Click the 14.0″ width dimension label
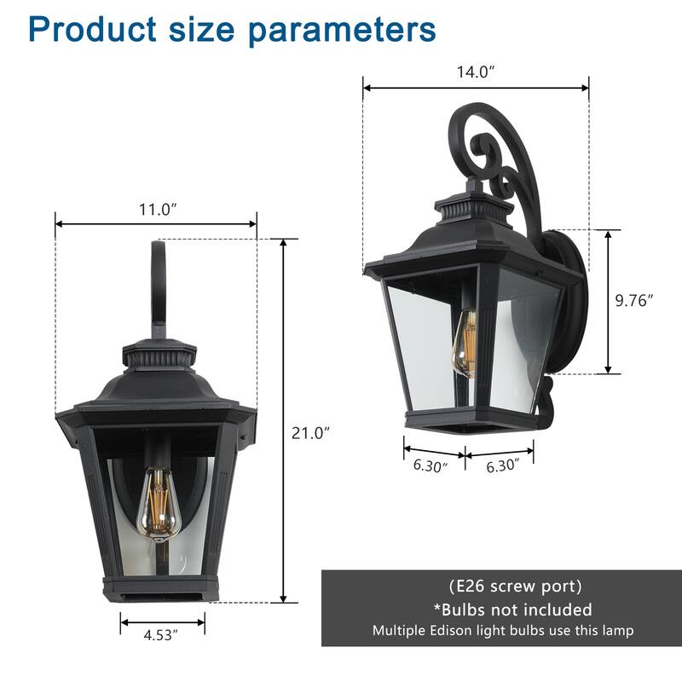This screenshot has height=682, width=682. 474,72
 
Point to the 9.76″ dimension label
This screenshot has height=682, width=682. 634,300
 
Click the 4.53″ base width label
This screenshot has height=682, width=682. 162,635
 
